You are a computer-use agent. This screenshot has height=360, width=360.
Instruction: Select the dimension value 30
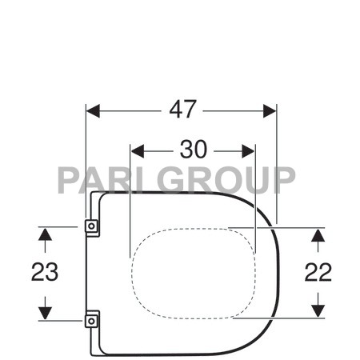point(192,150)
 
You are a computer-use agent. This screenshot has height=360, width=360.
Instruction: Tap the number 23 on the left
point(45,272)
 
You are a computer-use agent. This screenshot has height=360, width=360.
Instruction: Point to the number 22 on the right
point(318,272)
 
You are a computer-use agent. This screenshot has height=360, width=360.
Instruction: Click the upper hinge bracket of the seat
point(91,227)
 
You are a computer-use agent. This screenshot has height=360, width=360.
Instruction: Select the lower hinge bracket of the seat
point(91,321)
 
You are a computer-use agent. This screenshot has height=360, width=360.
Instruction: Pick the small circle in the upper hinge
point(91,227)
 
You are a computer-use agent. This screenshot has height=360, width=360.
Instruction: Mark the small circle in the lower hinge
point(91,321)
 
